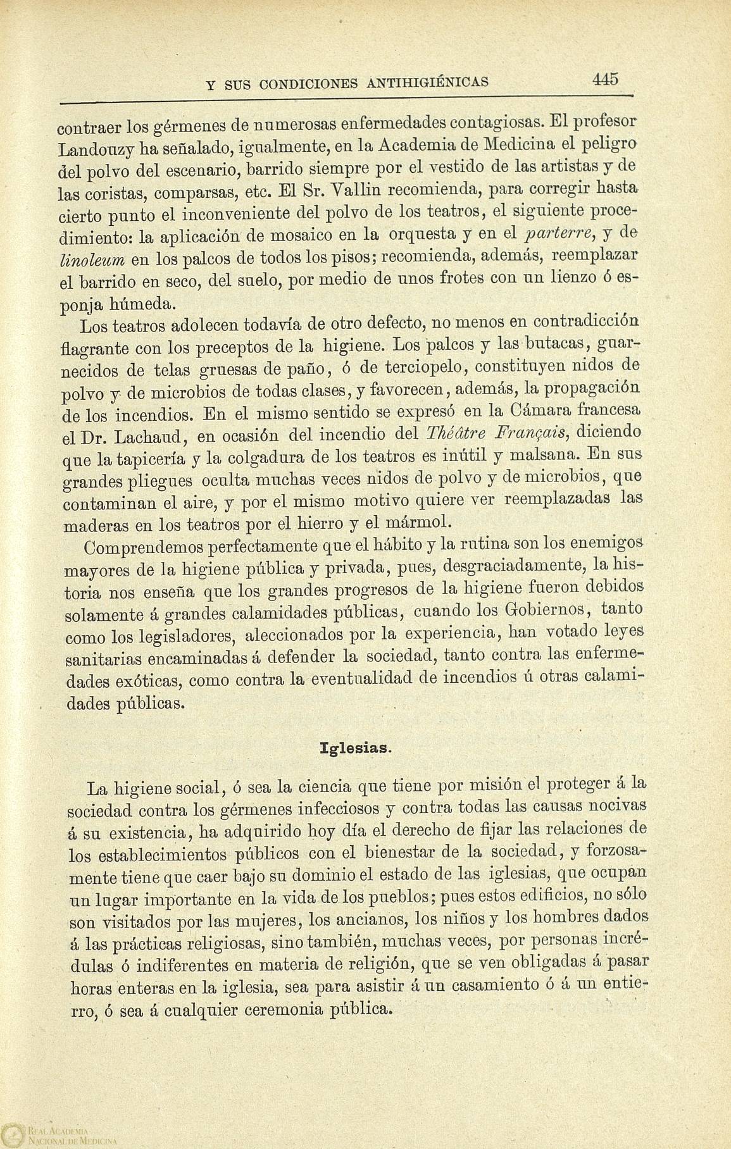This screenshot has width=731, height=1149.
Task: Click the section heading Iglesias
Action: point(356,747)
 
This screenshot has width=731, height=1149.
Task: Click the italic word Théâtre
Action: point(456,433)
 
